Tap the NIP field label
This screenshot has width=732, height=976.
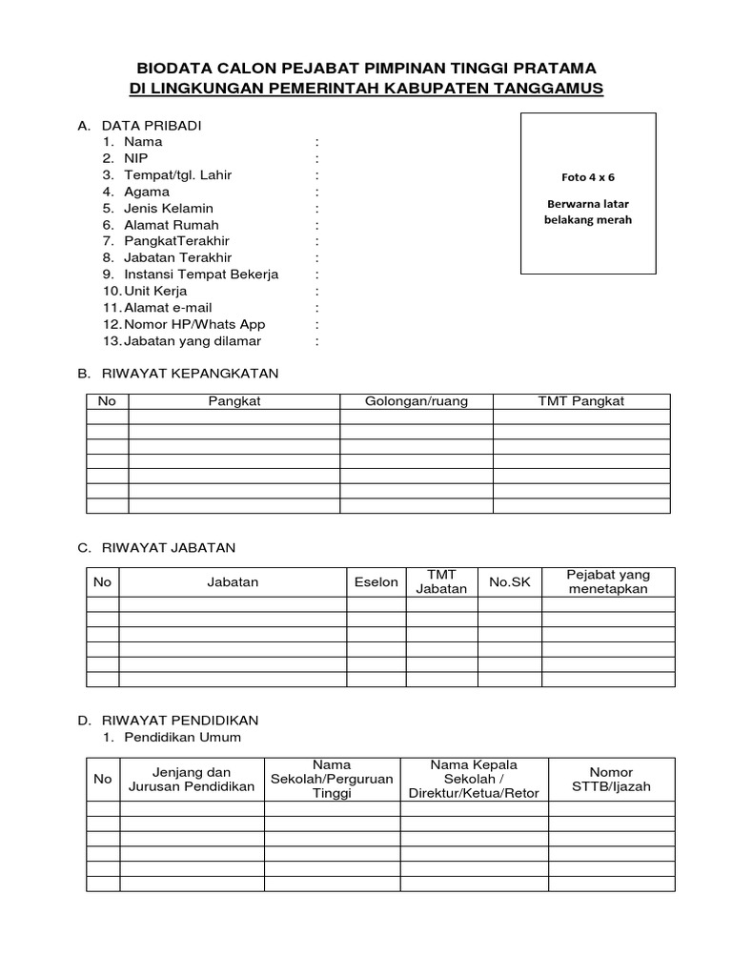click(x=136, y=158)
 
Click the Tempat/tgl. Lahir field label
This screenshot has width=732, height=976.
click(x=177, y=175)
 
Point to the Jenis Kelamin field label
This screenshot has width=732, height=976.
click(x=169, y=208)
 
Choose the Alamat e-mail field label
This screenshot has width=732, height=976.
click(x=168, y=308)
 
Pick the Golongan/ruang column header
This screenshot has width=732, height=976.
click(x=417, y=401)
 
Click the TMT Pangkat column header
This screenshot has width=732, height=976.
click(x=581, y=401)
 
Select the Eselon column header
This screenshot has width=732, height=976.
click(x=376, y=582)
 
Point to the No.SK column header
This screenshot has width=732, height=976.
click(x=509, y=582)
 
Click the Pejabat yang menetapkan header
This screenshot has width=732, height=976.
click(x=608, y=582)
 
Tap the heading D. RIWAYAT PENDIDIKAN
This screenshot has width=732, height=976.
click(x=168, y=720)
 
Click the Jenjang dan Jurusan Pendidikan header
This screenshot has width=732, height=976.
click(x=192, y=779)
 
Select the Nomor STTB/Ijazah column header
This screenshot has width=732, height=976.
click(x=611, y=779)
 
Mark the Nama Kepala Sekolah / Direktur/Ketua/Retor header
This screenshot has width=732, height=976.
click(x=473, y=779)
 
